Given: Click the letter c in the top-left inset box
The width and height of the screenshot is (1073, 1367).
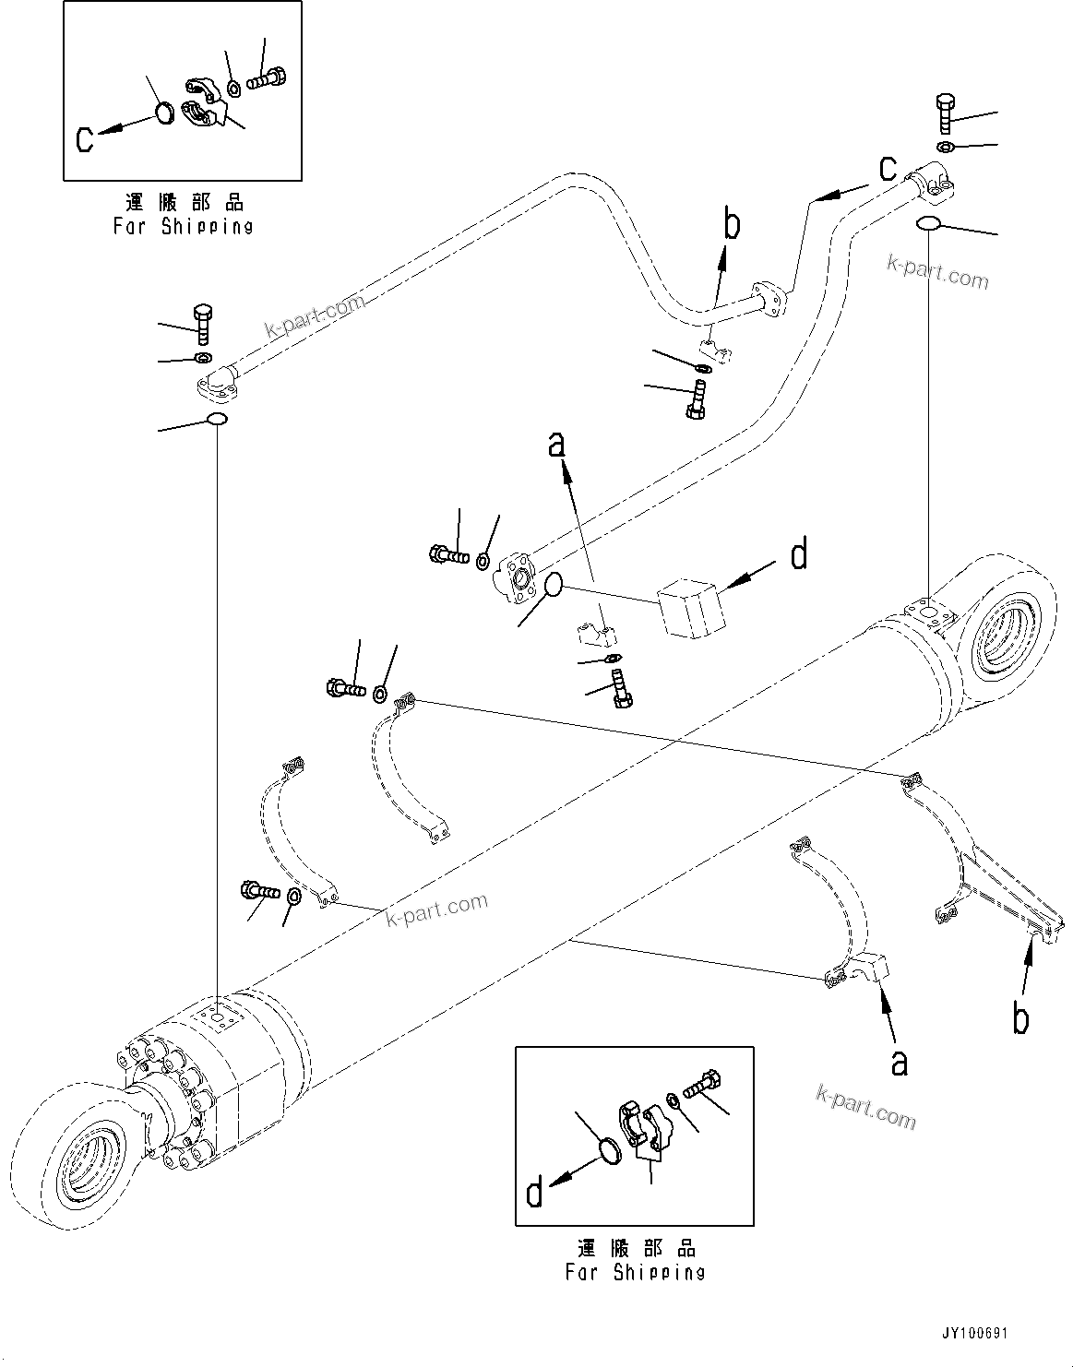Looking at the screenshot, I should tap(85, 140).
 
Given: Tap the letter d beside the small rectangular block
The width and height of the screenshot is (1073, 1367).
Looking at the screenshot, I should tap(799, 555).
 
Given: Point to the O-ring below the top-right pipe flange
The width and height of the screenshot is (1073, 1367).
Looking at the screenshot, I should tap(929, 224).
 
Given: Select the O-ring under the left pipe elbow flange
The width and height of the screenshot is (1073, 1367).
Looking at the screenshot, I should tap(217, 421).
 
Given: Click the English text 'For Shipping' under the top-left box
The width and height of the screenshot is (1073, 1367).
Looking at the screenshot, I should tap(183, 226).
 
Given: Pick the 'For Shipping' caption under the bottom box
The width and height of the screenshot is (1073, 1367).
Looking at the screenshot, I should tap(635, 1273).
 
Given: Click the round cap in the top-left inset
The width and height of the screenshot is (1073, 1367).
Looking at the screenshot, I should tap(163, 113).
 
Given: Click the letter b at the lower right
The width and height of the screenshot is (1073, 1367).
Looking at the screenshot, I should tap(1020, 1019).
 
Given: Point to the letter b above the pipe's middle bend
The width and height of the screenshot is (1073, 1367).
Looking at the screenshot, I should tap(732, 225).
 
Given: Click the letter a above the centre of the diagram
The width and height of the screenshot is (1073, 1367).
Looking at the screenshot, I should tap(555, 446).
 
